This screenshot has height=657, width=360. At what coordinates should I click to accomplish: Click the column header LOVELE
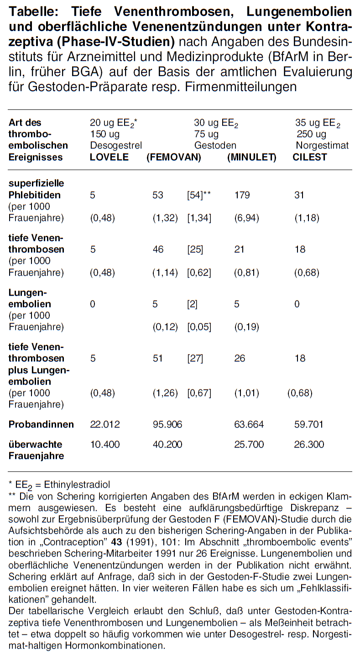(110, 157)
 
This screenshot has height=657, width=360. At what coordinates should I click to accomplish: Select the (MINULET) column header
(251, 157)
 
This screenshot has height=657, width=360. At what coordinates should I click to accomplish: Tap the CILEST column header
(310, 157)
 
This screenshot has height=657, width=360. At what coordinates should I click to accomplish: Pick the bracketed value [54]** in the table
(199, 195)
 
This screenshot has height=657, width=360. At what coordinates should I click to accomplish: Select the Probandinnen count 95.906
(167, 424)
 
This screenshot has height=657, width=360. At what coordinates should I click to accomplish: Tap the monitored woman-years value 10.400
(105, 444)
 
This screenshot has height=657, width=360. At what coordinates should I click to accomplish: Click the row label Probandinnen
(41, 424)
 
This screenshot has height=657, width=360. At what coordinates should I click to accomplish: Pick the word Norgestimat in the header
(322, 145)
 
